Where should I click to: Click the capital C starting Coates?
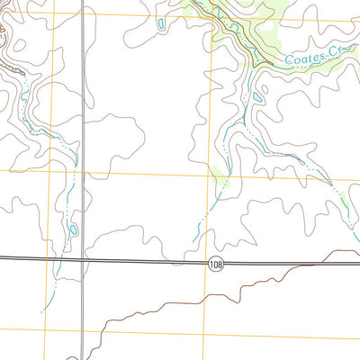tap(290, 62)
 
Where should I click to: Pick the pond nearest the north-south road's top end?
tap(159, 22)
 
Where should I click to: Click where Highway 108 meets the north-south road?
tap(85, 260)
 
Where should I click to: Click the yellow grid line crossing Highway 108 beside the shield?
tap(207, 263)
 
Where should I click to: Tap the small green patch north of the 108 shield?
tap(222, 185)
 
